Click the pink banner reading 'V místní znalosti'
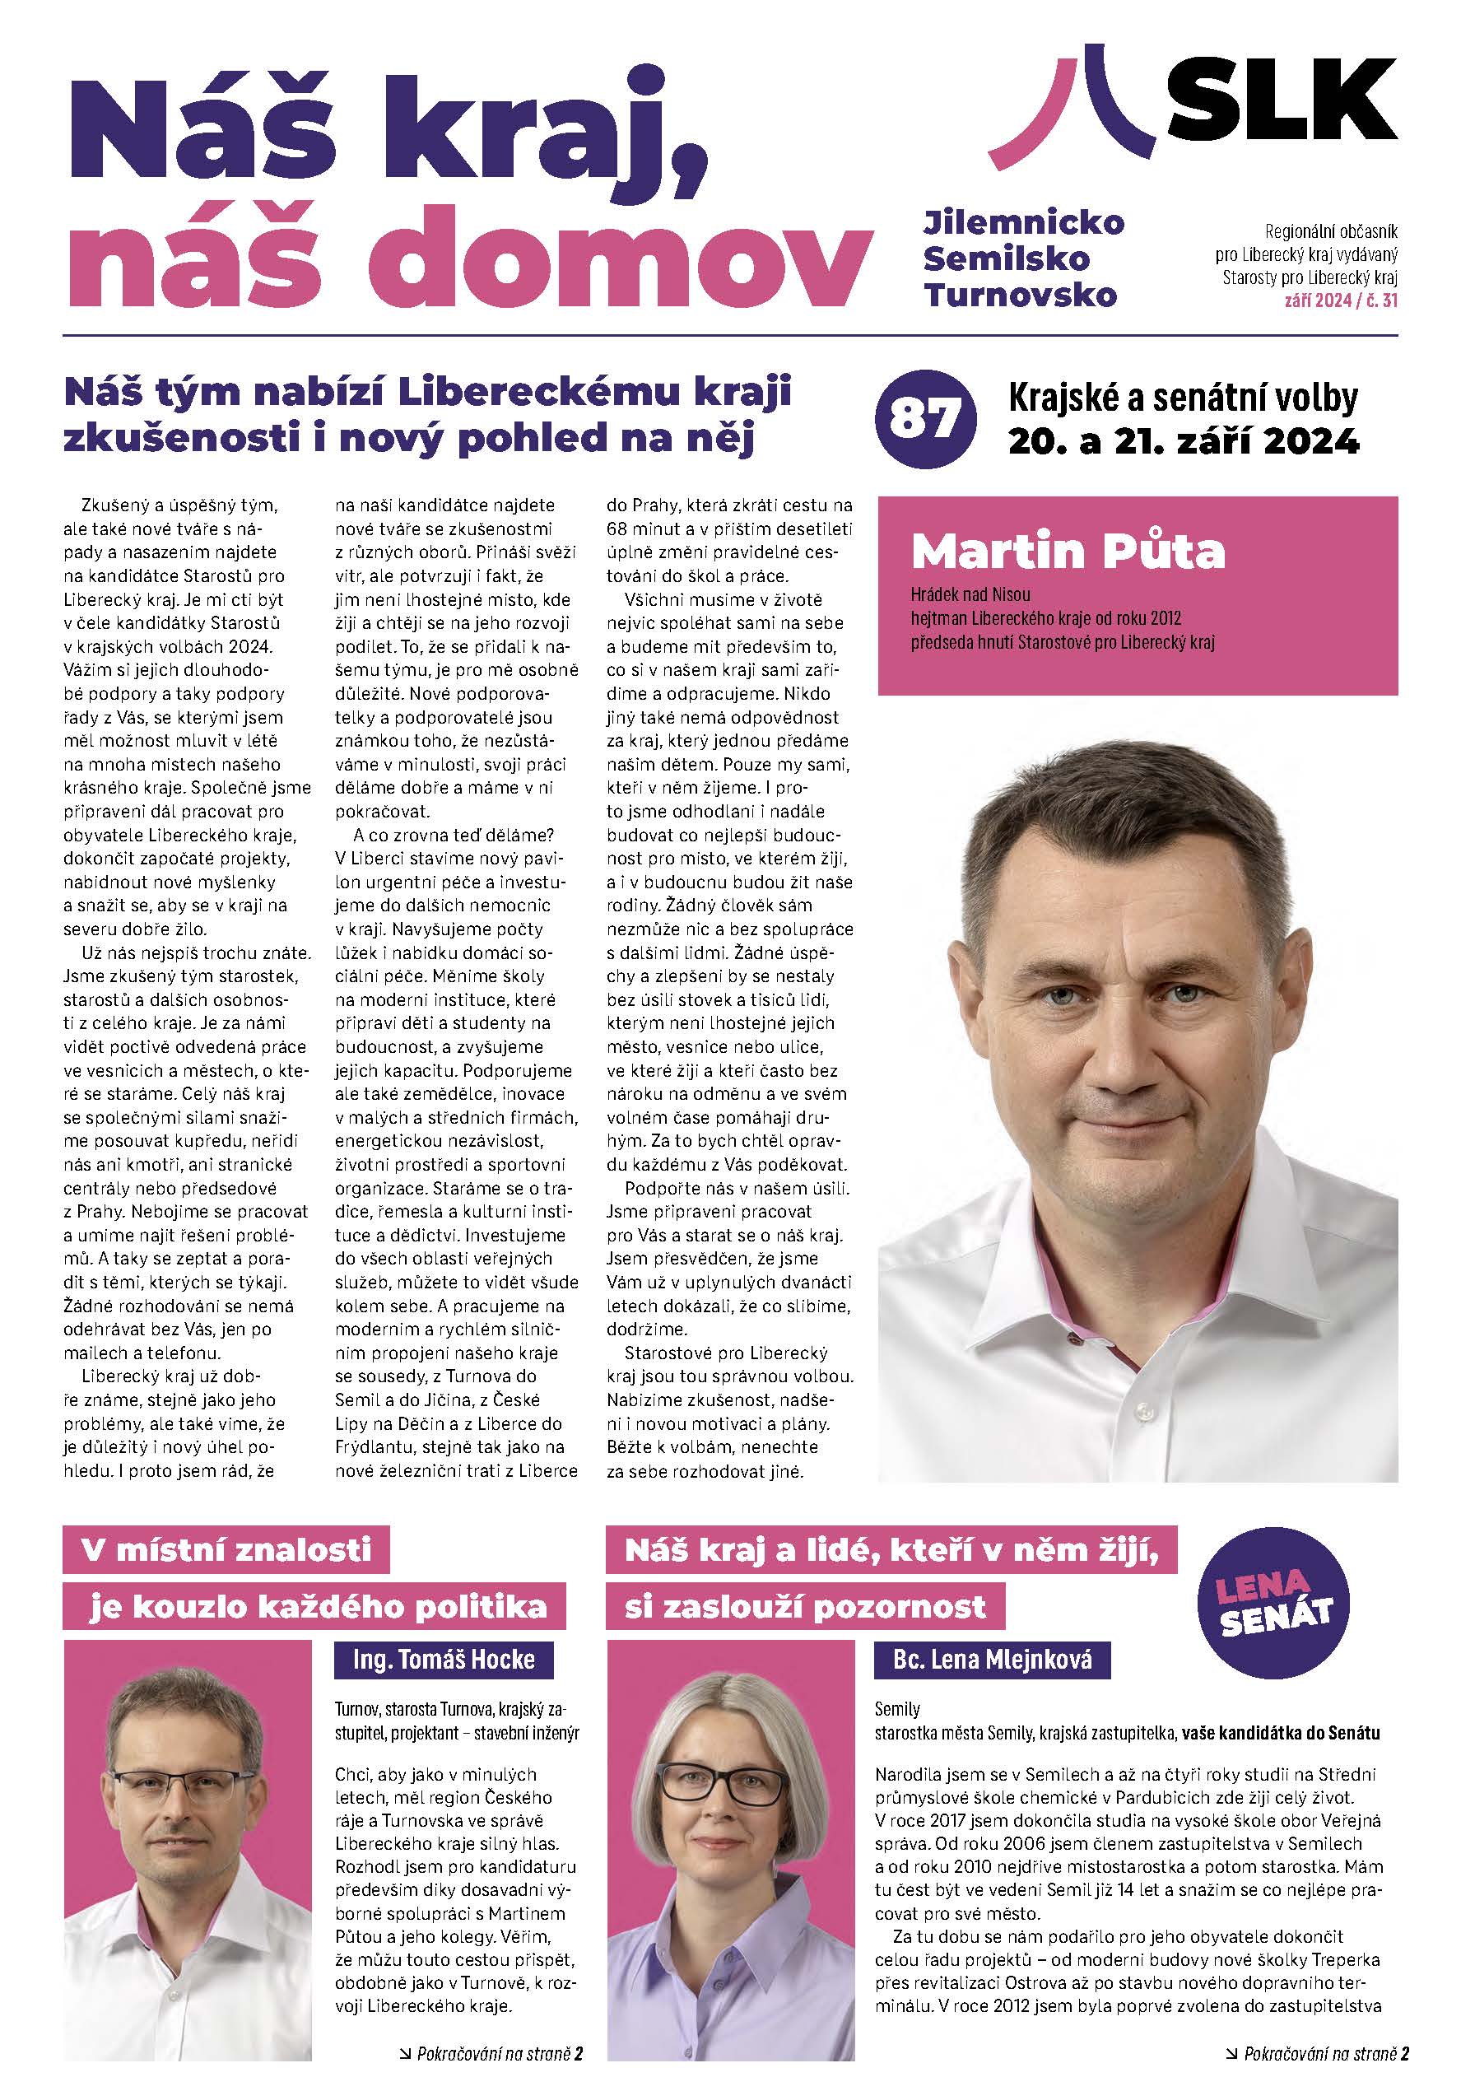coord(225,1551)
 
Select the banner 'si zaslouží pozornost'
coord(804,1608)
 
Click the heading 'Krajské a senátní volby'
coord(1182,399)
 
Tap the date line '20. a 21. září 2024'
coord(1182,443)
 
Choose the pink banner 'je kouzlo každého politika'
coord(316,1608)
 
